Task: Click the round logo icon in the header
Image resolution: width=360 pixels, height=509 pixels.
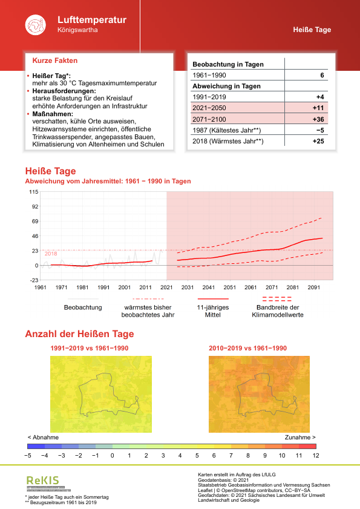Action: [35, 25]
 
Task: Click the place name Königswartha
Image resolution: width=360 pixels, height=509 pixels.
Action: [77, 30]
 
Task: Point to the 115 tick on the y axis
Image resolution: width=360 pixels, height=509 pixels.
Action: [33, 192]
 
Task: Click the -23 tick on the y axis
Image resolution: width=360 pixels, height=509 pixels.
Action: [34, 280]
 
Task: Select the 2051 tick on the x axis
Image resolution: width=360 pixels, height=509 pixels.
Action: [229, 287]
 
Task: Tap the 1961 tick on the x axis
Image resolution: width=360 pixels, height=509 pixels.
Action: [41, 287]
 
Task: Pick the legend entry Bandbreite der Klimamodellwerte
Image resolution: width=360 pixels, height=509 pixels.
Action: [279, 310]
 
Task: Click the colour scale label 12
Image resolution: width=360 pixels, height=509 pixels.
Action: [315, 455]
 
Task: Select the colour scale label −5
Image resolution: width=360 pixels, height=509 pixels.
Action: [27, 455]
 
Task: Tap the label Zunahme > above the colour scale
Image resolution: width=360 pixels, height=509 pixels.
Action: [299, 437]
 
